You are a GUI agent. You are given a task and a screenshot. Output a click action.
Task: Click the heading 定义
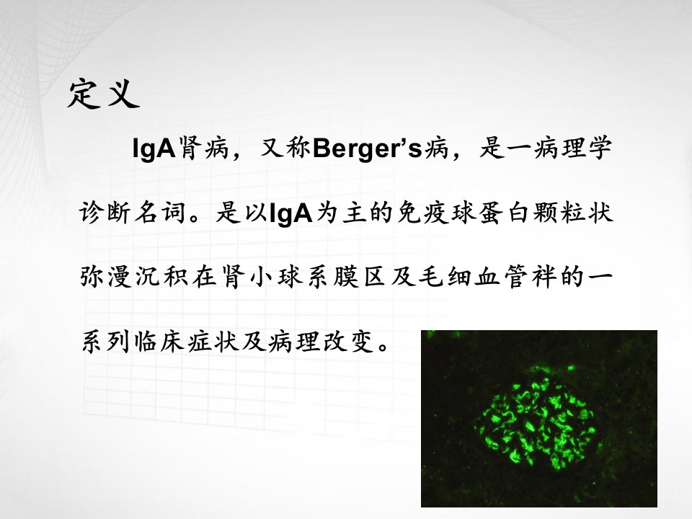[103, 94]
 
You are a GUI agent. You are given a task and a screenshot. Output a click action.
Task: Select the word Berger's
[367, 148]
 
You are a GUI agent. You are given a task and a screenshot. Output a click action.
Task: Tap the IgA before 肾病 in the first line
[154, 149]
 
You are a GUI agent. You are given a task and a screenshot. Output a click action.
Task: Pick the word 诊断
[105, 213]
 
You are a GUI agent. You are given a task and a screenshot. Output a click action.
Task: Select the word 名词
[159, 213]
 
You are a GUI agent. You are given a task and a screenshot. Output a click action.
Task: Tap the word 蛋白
[504, 213]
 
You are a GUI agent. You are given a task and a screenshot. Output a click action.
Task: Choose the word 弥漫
[106, 277]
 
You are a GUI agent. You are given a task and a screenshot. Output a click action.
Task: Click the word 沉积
[161, 277]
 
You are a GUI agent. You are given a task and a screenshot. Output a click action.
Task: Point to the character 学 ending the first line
[599, 148]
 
